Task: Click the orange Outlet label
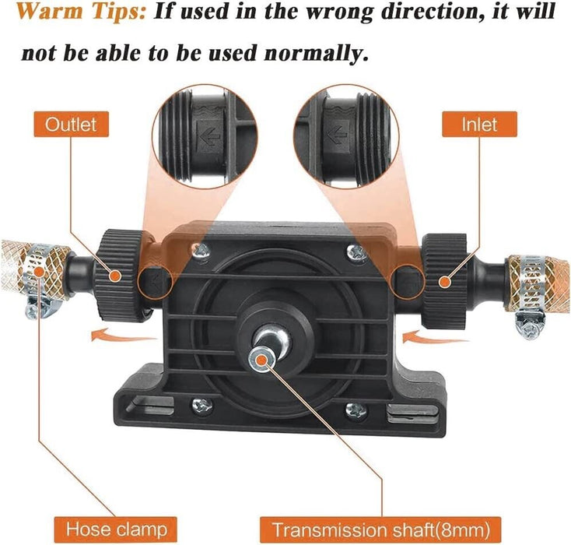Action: tap(72, 125)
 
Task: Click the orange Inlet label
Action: tap(479, 125)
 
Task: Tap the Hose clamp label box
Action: tap(116, 529)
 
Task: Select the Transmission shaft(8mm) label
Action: tap(380, 529)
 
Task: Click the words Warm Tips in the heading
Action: tap(81, 12)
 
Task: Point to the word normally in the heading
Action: tap(314, 53)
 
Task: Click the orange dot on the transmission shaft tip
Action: tap(261, 360)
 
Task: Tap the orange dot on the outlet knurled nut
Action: tap(115, 276)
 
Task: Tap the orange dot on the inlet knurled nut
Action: tap(444, 281)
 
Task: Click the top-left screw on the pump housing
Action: tap(201, 251)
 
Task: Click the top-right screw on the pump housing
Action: tap(356, 251)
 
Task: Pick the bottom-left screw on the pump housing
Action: tap(202, 406)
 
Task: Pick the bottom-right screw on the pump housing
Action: tap(356, 411)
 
